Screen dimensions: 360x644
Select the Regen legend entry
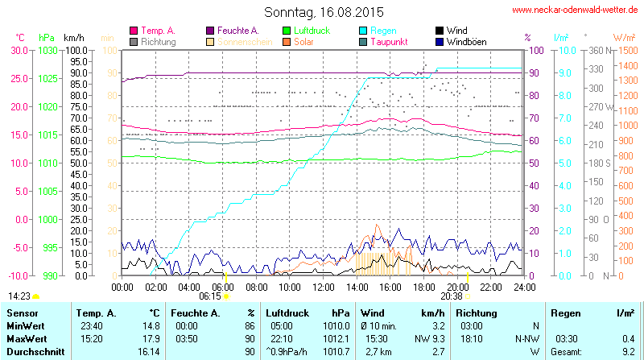pyautogui.click(x=383, y=30)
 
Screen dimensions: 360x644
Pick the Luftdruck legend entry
pyautogui.click(x=307, y=30)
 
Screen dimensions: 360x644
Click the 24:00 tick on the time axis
pyautogui.click(x=524, y=286)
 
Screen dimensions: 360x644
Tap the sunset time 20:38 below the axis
pyautogui.click(x=452, y=296)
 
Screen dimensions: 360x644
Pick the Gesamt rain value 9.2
pyautogui.click(x=628, y=352)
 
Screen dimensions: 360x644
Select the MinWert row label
pyautogui.click(x=25, y=325)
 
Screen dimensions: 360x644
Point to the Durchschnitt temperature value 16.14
pyautogui.click(x=148, y=352)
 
